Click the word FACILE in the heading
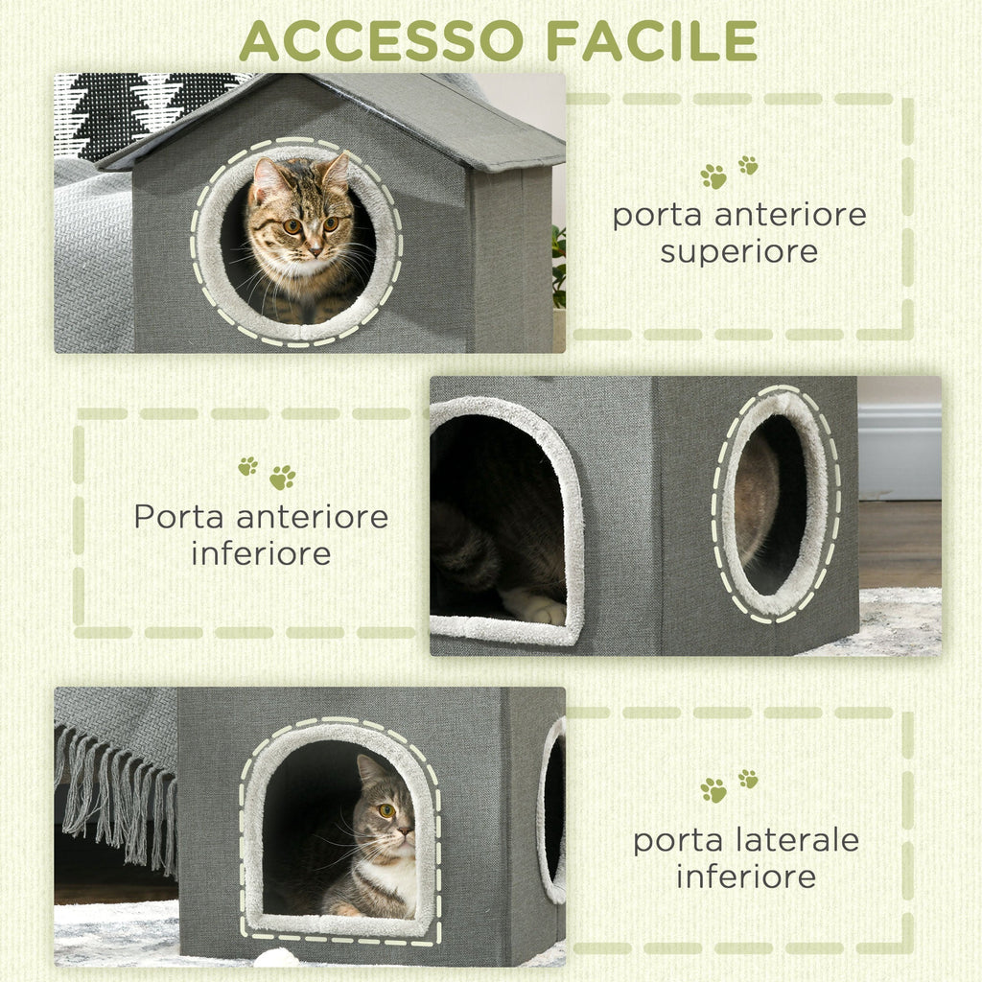[652, 40]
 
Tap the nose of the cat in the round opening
[315, 248]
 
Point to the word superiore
[739, 252]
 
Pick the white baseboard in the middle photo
[899, 451]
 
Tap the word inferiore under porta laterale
[745, 877]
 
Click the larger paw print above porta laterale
[713, 790]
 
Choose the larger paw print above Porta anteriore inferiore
[282, 478]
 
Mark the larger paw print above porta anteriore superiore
[713, 176]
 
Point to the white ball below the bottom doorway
[277, 958]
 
